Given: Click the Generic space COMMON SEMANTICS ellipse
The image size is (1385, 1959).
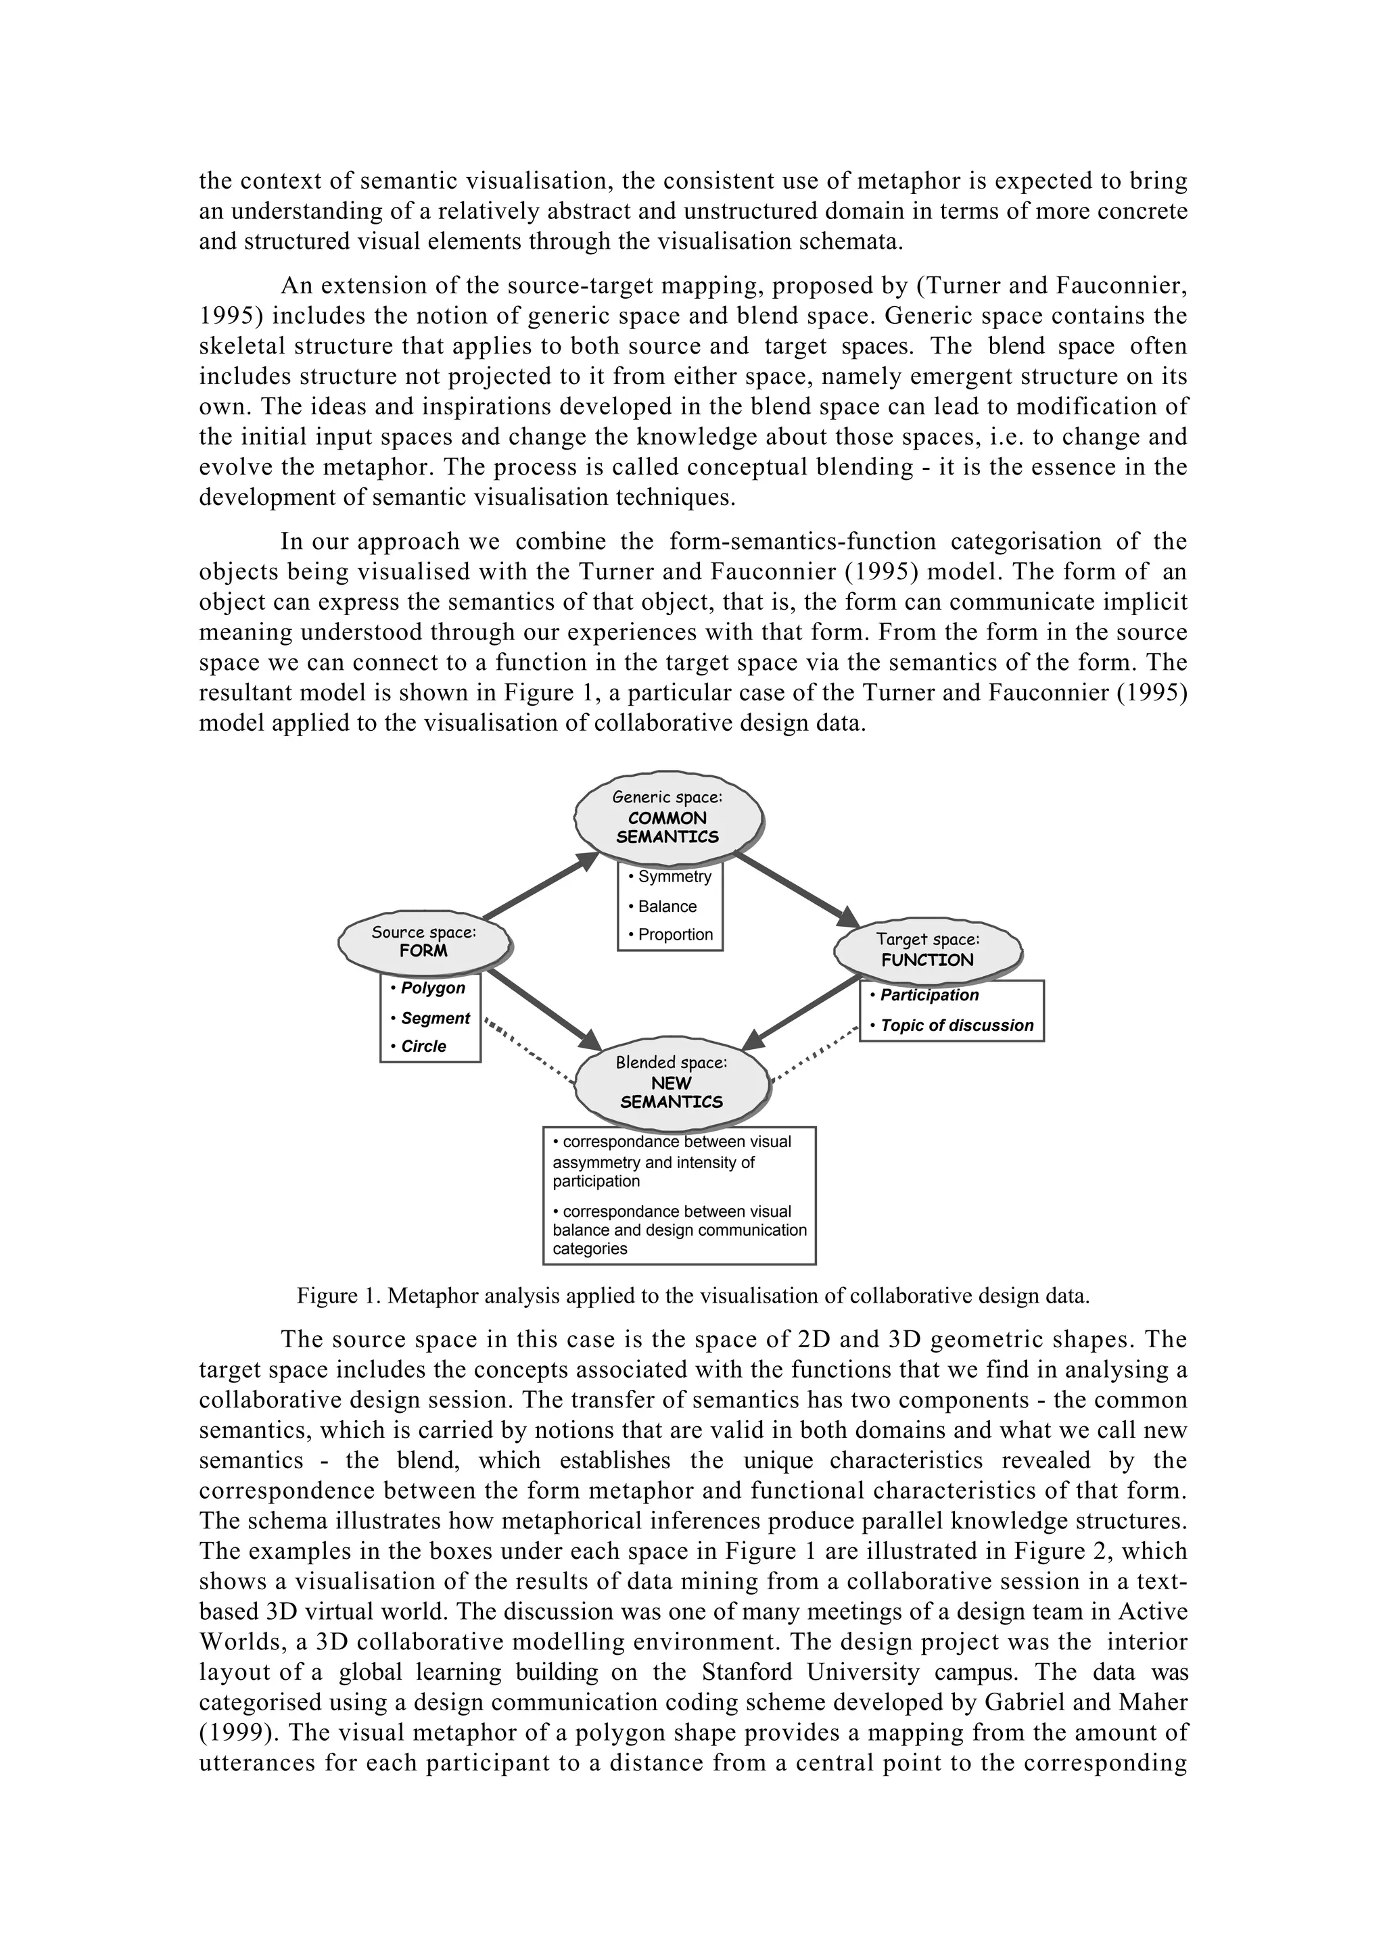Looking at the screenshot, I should point(667,817).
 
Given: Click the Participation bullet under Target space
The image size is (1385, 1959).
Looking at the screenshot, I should point(924,995).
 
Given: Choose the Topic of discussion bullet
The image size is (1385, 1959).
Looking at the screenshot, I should point(952,1025).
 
